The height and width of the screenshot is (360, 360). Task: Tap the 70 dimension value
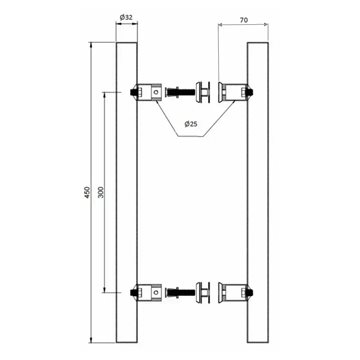click(244, 20)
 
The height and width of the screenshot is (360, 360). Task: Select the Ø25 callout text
click(191, 124)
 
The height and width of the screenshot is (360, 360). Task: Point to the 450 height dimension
click(87, 192)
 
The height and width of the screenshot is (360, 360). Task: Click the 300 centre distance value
click(101, 192)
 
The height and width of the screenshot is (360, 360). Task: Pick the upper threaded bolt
click(180, 91)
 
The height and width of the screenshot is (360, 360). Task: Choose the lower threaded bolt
click(180, 292)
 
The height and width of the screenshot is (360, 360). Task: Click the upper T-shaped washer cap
click(203, 92)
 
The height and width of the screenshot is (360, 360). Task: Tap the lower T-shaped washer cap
click(203, 292)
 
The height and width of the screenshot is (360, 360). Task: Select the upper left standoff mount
click(150, 92)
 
